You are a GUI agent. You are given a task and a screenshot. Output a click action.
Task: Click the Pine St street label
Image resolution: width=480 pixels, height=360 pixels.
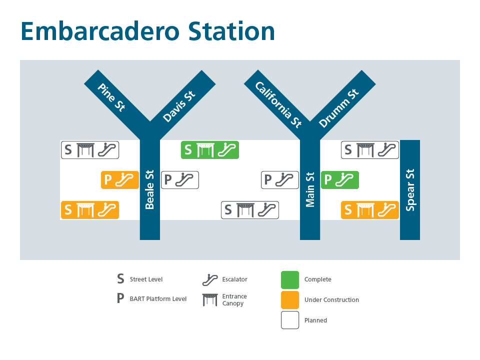pyautogui.click(x=111, y=97)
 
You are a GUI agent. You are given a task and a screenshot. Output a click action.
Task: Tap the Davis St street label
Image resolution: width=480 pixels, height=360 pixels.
pyautogui.click(x=179, y=106)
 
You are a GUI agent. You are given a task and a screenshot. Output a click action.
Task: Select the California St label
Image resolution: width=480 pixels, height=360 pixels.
pyautogui.click(x=278, y=104)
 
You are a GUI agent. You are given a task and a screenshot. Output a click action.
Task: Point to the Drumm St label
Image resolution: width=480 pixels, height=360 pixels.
pyautogui.click(x=339, y=108)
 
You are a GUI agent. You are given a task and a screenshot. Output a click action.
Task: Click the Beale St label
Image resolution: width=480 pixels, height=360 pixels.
pyautogui.click(x=149, y=190)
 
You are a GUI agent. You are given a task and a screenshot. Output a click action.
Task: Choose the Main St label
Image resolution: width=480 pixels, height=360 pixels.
pyautogui.click(x=310, y=190)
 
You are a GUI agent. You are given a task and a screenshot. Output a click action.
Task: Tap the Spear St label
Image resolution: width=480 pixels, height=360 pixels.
pyautogui.click(x=410, y=190)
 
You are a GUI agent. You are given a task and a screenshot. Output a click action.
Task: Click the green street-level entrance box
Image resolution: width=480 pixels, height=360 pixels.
pyautogui.click(x=209, y=150)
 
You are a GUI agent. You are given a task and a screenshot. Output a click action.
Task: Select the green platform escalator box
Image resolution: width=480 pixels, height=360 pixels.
pyautogui.click(x=340, y=180)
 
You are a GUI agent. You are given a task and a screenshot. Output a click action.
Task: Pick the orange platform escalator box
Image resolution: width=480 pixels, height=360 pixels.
pyautogui.click(x=120, y=180)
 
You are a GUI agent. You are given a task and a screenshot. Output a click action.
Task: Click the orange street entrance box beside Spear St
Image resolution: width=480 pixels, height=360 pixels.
pyautogui.click(x=370, y=210)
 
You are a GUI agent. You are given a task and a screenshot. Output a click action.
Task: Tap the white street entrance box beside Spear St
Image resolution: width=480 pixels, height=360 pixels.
pyautogui.click(x=370, y=150)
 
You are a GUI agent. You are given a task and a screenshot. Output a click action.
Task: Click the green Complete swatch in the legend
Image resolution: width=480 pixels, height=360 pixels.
pyautogui.click(x=290, y=280)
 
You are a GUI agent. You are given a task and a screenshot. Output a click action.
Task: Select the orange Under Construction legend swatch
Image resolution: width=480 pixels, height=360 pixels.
pyautogui.click(x=290, y=300)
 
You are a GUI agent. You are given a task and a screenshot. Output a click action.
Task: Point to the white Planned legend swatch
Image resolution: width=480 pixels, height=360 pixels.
pyautogui.click(x=290, y=320)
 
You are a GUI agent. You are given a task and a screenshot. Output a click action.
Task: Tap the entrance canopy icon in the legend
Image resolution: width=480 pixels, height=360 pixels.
pyautogui.click(x=210, y=300)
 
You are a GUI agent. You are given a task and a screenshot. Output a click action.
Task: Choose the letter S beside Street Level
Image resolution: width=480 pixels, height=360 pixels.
pyautogui.click(x=120, y=279)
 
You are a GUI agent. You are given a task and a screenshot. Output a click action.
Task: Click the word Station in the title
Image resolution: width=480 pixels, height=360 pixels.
pyautogui.click(x=231, y=31)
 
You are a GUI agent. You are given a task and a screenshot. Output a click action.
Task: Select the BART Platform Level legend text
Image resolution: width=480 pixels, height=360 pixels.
pyautogui.click(x=158, y=299)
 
